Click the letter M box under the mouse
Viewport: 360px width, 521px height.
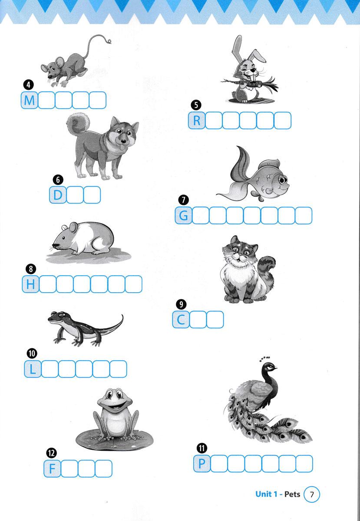coord(30,100)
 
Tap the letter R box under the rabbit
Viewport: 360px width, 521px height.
coord(197,120)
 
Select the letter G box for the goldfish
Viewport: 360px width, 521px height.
coord(184,215)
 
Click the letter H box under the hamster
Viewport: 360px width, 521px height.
coord(30,284)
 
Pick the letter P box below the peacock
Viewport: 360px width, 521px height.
coord(202,464)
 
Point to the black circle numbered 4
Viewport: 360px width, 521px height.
coord(28,85)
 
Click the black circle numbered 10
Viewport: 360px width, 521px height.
coord(32,353)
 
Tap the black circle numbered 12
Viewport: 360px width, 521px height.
coord(51,452)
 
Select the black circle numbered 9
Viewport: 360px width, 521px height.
coord(182,304)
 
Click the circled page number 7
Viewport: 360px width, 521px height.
coord(312,494)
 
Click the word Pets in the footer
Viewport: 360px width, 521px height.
coord(292,494)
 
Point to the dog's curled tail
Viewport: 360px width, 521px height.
coord(78,123)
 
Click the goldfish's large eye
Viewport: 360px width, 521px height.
coord(283,180)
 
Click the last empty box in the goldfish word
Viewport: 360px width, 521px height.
coord(304,215)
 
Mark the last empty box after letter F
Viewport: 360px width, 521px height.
coord(103,468)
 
